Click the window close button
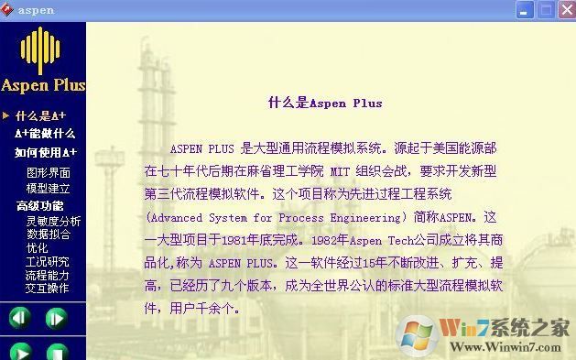click(564, 10)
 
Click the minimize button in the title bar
click(526, 10)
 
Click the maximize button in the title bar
click(545, 10)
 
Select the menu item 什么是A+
click(40, 115)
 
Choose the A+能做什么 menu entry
click(45, 134)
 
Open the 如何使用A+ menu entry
click(46, 152)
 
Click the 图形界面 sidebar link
click(49, 171)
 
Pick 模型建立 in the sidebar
click(49, 188)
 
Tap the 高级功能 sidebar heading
click(40, 206)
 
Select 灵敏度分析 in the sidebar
click(53, 221)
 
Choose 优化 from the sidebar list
click(37, 247)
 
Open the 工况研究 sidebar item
click(47, 261)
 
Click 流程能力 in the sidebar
click(47, 275)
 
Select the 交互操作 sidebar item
click(47, 288)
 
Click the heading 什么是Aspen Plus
click(325, 104)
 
